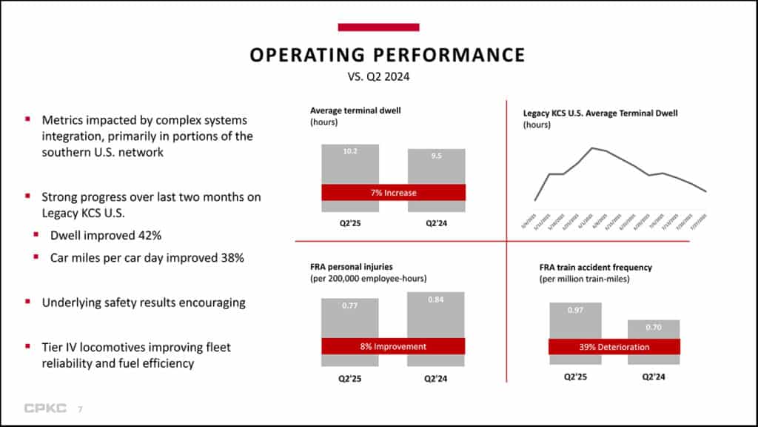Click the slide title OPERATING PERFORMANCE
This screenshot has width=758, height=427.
coord(387,55)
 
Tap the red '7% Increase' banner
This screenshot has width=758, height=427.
coord(393,193)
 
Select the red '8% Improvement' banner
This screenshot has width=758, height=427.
coord(393,346)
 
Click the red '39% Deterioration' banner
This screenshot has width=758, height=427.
coord(614,347)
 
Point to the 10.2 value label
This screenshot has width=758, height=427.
coord(350,151)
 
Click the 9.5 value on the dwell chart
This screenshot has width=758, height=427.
coord(436,156)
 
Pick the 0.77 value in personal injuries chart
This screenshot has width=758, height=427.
coord(350,305)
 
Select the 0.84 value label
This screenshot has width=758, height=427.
coord(436,299)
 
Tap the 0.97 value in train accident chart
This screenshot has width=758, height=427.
coord(575,310)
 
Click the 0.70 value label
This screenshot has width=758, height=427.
coord(654,327)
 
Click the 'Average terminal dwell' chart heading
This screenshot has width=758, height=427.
coord(350,111)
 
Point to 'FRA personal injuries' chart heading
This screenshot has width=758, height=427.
coord(351,267)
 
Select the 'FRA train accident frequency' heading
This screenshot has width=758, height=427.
coord(595,267)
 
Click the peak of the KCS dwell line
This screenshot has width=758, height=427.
coord(592,148)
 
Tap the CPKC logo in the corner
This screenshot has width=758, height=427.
coord(45,408)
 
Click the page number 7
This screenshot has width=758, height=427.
coord(80,408)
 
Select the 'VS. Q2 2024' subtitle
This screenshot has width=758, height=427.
coord(378,76)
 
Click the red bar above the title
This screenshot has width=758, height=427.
coord(378,27)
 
